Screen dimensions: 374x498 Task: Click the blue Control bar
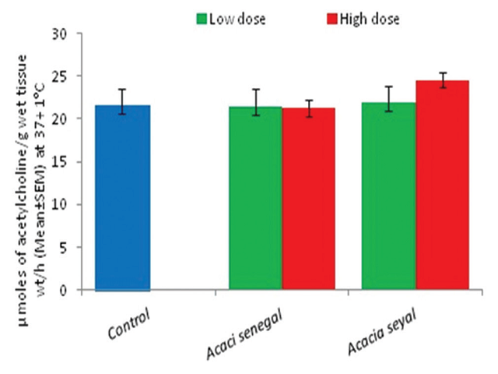click(122, 198)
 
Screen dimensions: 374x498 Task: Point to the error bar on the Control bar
click(122, 101)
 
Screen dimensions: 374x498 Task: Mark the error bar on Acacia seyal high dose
click(442, 80)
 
